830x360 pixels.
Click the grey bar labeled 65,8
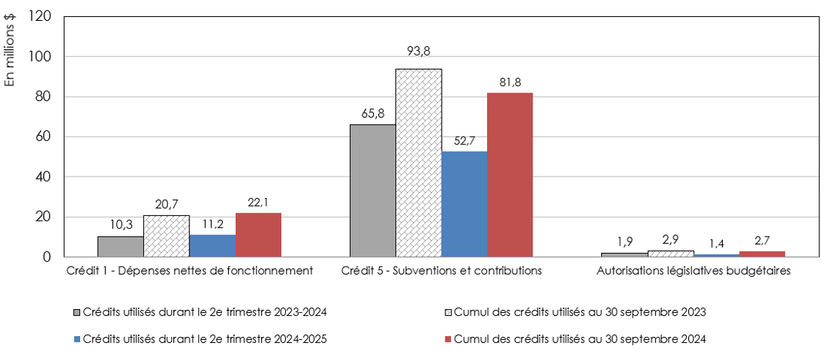tap(372, 190)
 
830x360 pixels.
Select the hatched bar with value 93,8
tap(418, 163)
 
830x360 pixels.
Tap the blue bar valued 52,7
tap(464, 204)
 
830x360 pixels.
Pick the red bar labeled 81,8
tap(509, 174)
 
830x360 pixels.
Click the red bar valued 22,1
tap(258, 234)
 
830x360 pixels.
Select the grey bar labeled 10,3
tap(120, 246)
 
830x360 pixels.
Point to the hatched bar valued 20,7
tap(166, 236)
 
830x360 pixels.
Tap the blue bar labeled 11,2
tap(212, 245)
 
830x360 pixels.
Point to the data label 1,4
tap(716, 243)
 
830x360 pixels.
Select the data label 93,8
tap(418, 52)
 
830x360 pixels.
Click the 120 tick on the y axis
tap(39, 17)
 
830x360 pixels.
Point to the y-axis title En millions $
tap(10, 55)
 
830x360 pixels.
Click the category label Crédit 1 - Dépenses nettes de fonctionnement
tap(190, 271)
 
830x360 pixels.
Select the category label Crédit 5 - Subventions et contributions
tap(442, 271)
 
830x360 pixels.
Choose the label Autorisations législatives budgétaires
tap(694, 271)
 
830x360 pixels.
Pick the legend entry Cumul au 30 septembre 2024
tap(578, 338)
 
